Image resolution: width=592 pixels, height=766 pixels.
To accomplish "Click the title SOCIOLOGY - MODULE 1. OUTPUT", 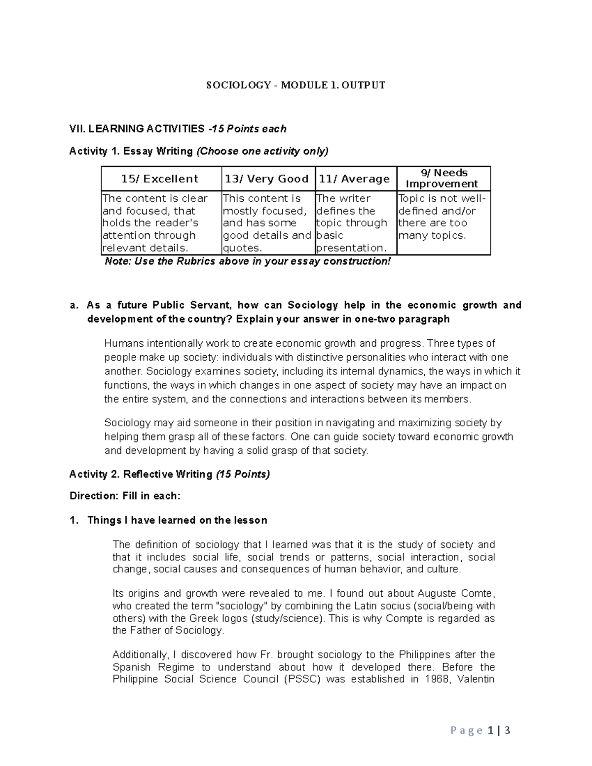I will [296, 85].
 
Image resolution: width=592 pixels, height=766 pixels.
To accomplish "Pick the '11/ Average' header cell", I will [355, 179].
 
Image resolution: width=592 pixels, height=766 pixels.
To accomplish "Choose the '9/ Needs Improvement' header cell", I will [443, 179].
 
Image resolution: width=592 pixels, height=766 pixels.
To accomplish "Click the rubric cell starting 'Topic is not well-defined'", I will [443, 217].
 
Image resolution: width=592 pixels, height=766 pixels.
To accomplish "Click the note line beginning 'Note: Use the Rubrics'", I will [248, 261].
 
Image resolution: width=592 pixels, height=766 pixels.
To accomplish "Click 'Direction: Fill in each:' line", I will [125, 496].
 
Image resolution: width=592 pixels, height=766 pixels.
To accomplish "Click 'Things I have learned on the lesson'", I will [177, 520].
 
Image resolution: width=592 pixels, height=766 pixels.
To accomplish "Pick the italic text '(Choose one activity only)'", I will [262, 151].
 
